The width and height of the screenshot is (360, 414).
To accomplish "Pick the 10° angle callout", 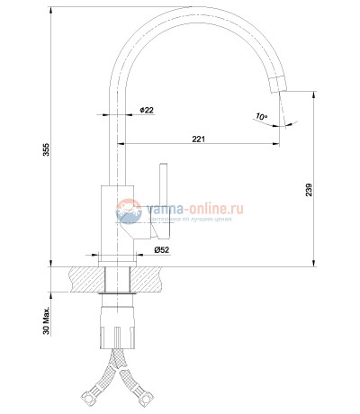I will click(260, 117).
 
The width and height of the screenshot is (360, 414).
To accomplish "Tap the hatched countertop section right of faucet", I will click(153, 279).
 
